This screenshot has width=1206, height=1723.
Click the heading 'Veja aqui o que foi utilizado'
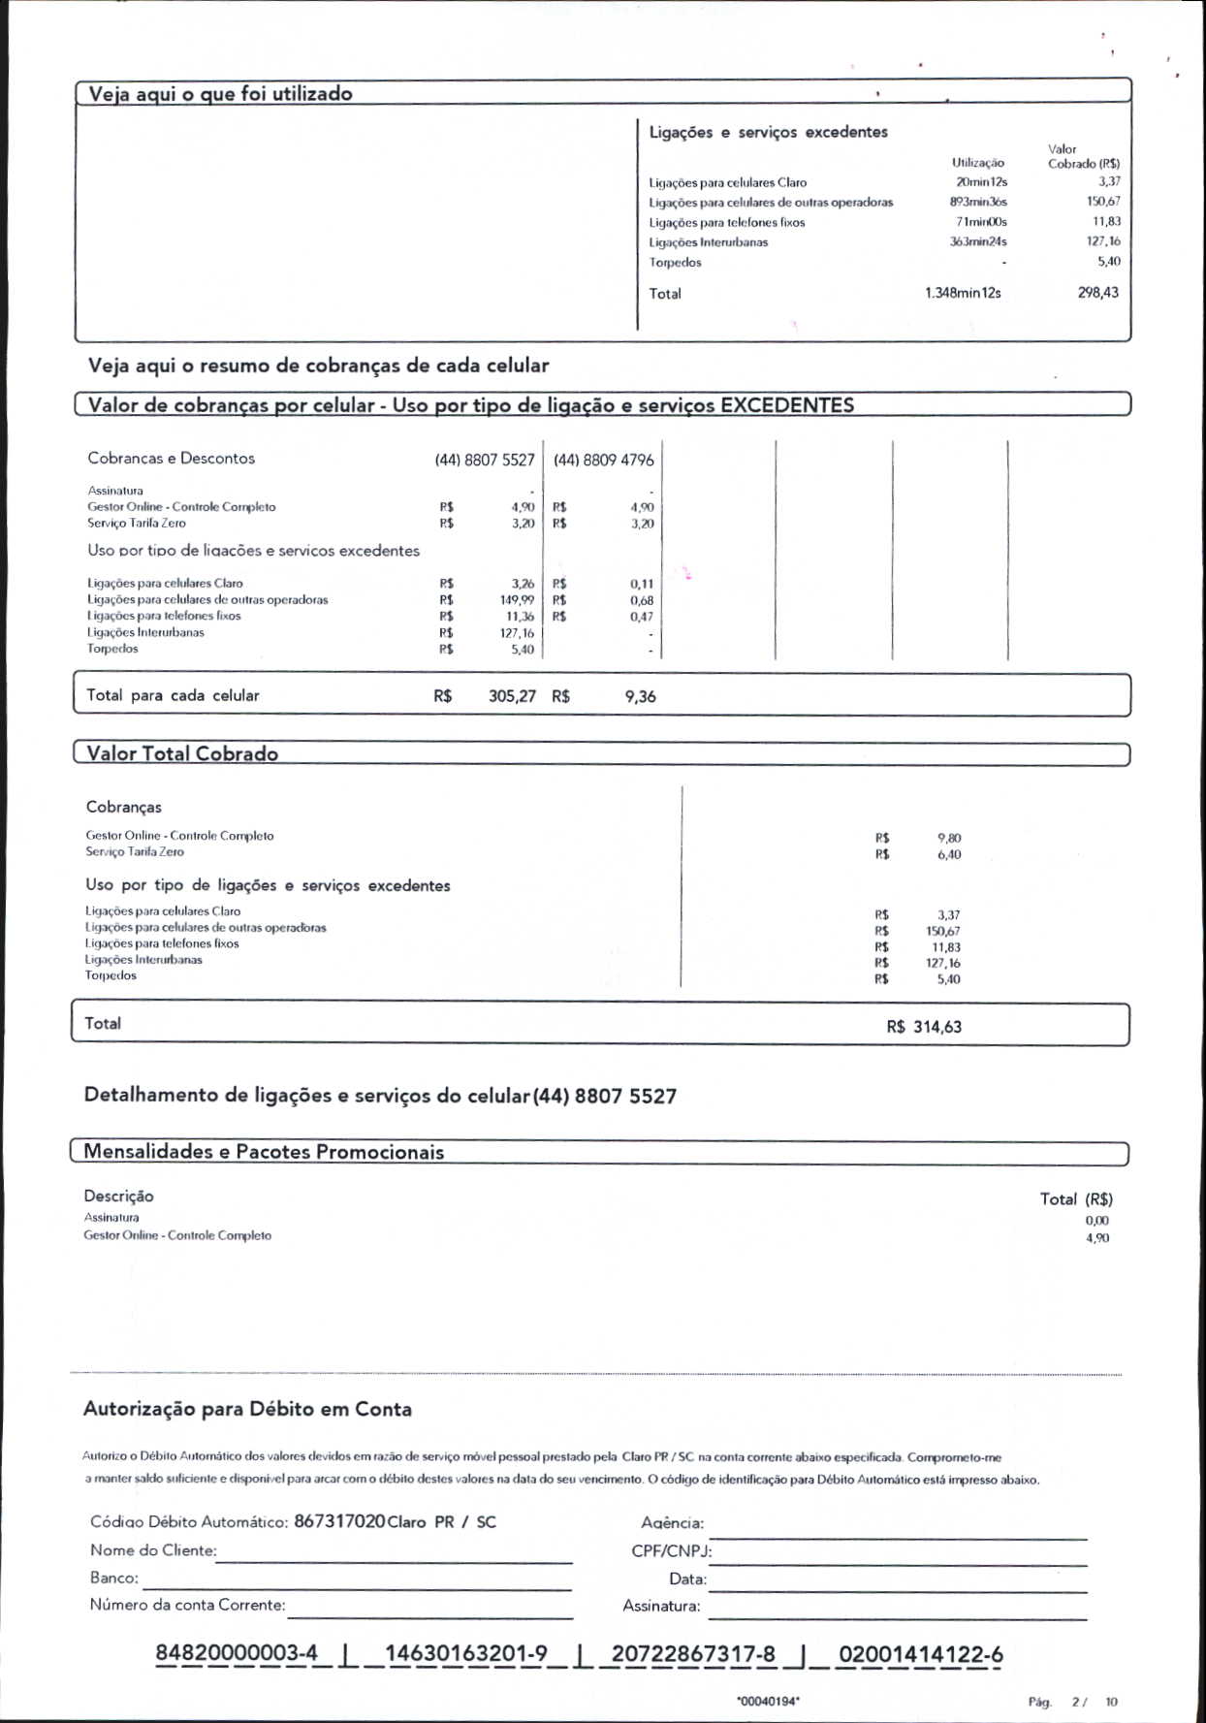coord(220,94)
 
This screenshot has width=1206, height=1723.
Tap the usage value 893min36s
coord(978,202)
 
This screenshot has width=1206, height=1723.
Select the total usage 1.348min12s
coord(963,293)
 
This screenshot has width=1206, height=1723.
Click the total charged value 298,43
coord(1097,293)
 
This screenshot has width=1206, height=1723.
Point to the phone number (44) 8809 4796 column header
coord(603,460)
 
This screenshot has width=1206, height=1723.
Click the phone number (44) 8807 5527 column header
coord(485,460)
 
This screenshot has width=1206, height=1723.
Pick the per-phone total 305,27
coord(512,696)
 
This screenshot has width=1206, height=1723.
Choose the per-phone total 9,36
coord(640,696)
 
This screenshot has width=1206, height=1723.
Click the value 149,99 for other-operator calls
coord(517,600)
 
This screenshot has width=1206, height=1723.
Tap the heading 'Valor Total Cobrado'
coord(182,754)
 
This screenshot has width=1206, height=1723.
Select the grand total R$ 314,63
coord(924,1027)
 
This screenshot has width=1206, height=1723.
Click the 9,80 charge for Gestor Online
coord(949,838)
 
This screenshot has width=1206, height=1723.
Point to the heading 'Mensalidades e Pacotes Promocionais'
coord(264,1152)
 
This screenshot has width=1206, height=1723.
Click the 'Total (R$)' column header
coord(1076,1199)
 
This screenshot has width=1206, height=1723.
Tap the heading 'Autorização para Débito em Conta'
coord(247,1409)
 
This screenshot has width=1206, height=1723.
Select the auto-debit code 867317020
coord(339,1521)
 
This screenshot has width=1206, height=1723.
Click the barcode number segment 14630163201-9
coord(465,1654)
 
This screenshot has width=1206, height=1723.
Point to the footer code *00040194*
coord(768,1701)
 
